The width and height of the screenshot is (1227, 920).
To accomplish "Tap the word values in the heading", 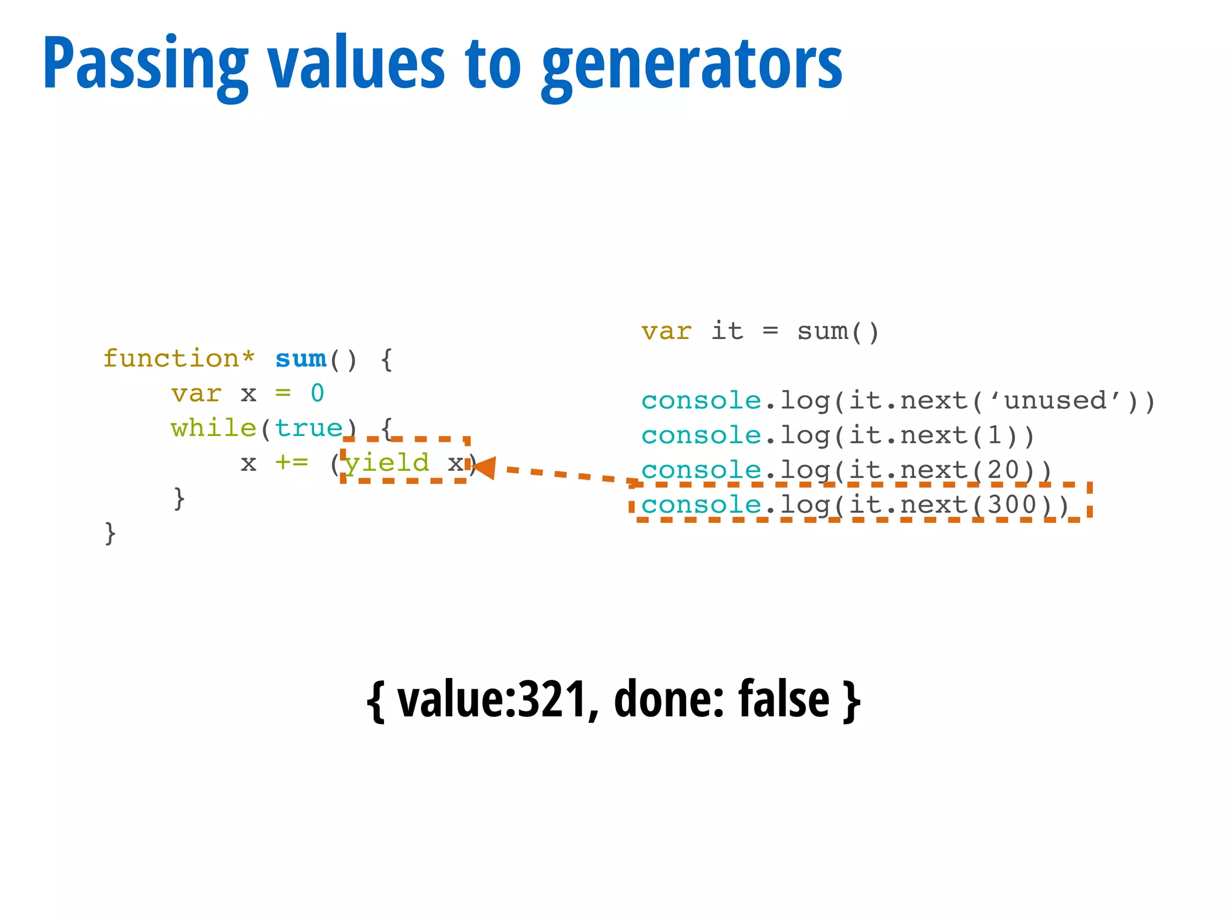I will click(356, 63).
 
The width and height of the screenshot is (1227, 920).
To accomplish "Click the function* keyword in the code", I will click(179, 359).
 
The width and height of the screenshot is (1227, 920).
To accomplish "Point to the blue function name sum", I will click(301, 359).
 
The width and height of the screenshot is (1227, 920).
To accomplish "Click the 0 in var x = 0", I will click(318, 394).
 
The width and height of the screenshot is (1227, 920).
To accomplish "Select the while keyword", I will click(213, 428).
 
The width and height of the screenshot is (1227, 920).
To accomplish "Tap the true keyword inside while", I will click(309, 428).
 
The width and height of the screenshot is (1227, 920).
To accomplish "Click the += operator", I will click(292, 462).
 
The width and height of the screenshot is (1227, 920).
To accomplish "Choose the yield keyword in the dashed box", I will click(388, 462).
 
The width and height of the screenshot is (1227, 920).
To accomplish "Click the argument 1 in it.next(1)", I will click(995, 435).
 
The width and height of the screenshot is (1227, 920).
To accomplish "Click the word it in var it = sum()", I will click(727, 331).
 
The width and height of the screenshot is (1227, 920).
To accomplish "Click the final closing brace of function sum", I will click(110, 532).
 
